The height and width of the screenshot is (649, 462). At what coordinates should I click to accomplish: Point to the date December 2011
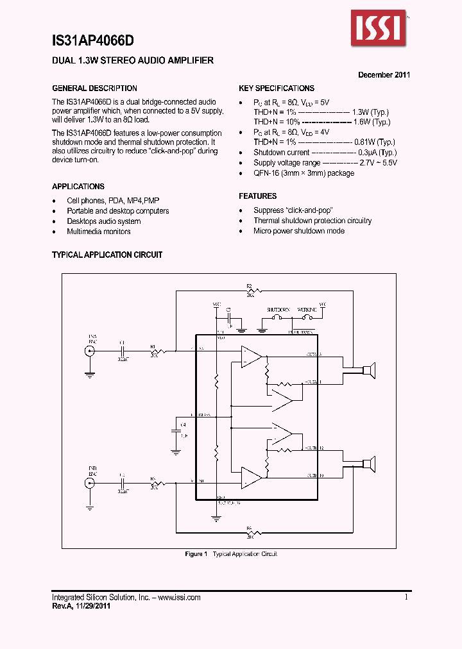click(384, 74)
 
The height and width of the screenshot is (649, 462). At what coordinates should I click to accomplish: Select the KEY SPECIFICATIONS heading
click(277, 88)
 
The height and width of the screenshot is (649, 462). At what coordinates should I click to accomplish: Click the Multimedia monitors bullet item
click(98, 232)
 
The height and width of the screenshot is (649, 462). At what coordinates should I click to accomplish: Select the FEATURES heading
click(258, 196)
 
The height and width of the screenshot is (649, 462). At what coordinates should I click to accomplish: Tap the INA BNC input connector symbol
click(89, 351)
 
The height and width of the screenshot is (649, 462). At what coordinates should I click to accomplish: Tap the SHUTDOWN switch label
click(278, 309)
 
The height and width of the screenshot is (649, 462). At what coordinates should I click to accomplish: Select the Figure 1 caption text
click(231, 554)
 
